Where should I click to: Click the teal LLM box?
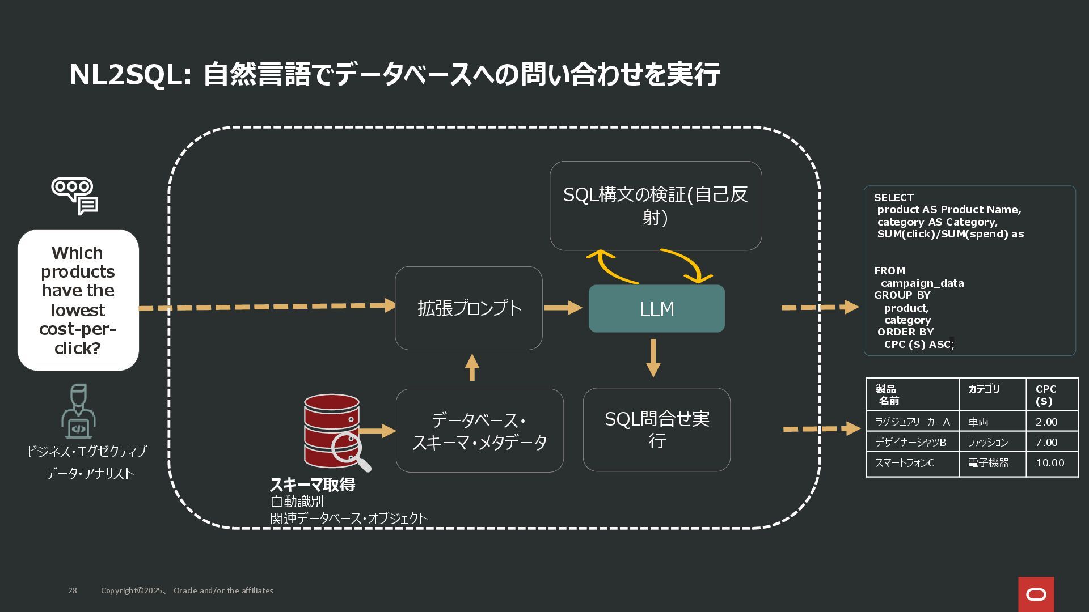click(656, 308)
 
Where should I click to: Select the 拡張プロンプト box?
click(468, 308)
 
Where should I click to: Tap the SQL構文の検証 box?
click(655, 205)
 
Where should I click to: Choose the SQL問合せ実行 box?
click(656, 429)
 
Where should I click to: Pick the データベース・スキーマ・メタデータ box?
click(479, 430)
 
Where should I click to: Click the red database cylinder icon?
click(331, 430)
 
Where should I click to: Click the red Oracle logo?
click(1036, 594)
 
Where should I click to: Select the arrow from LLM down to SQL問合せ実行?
click(653, 358)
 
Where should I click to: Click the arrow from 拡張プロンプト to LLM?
click(563, 308)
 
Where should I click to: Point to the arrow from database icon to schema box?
click(378, 431)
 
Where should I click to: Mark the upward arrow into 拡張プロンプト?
click(472, 368)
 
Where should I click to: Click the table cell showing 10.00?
click(1050, 463)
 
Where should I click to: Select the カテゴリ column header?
click(984, 389)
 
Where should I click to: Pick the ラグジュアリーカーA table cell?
click(912, 422)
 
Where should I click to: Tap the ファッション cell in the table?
click(987, 442)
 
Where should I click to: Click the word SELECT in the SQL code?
click(893, 198)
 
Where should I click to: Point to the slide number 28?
click(73, 590)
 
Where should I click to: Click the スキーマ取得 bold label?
click(313, 484)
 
